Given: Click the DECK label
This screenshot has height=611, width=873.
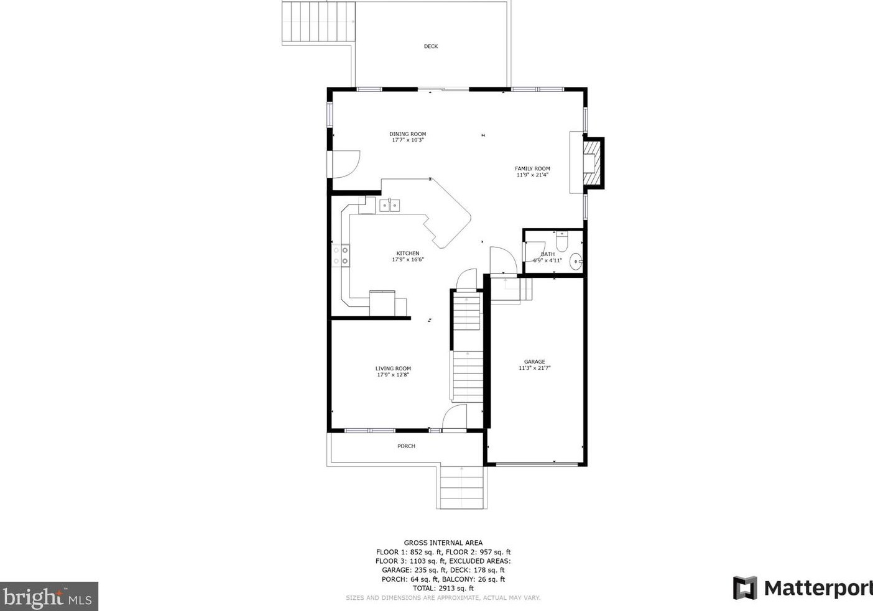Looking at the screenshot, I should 431,47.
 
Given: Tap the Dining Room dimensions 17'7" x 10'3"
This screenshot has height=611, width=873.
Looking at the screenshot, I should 408,140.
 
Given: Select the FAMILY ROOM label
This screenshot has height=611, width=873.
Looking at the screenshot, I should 532,168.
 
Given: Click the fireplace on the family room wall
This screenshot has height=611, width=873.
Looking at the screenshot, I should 592,163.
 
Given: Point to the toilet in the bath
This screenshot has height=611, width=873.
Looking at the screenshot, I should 561,240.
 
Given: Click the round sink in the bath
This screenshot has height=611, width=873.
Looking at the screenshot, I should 576,262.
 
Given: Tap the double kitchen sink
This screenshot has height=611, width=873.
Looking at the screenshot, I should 390,205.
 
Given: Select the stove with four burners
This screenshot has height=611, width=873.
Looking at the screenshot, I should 340,255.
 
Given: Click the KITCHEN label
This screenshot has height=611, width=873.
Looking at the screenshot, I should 408,253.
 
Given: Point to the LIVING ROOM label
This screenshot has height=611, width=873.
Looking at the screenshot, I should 393,369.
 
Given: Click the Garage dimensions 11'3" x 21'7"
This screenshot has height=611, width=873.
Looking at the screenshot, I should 535,368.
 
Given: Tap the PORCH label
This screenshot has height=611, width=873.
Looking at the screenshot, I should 406,446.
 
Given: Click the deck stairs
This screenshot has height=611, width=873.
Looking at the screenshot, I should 318,22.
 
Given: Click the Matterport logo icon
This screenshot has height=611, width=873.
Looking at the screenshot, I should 745,588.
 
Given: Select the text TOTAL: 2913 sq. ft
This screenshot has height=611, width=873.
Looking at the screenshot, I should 443,588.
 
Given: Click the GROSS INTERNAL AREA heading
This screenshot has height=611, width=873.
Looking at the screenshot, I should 443,543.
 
